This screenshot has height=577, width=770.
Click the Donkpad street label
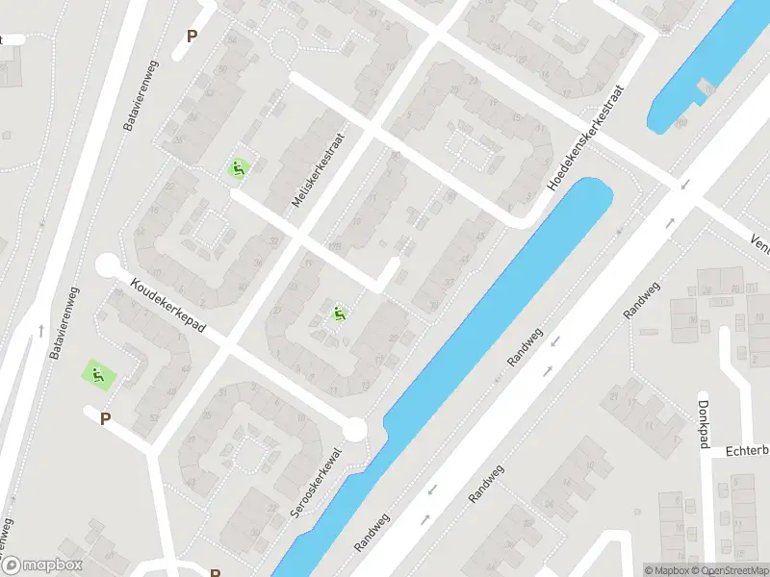(704, 424)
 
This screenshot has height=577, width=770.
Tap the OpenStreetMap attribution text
(727, 570)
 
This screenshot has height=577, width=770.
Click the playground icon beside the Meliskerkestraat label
(237, 168)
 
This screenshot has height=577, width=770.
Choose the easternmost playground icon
(339, 313)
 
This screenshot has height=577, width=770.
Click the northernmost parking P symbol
(192, 37)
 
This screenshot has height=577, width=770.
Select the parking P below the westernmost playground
(106, 418)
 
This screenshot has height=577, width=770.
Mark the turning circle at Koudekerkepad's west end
(107, 265)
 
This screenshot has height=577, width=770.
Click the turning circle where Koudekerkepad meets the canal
(355, 429)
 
